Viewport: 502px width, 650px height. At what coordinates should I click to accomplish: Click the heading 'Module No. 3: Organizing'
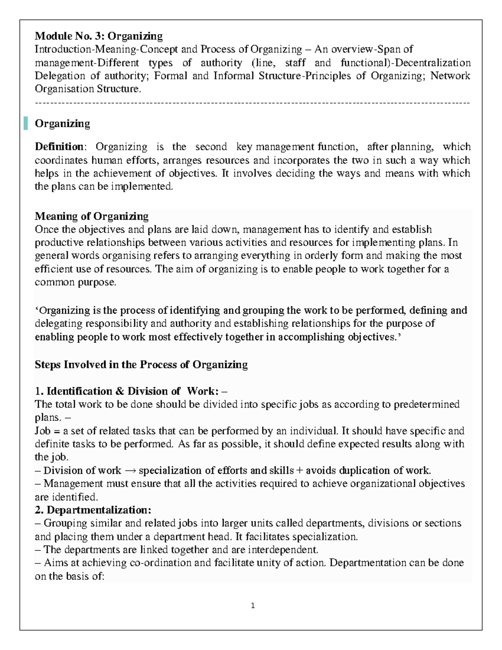[98, 36]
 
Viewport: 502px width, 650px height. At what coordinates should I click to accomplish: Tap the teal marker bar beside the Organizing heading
[26, 123]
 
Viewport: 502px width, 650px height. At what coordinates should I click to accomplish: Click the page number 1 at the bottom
[253, 606]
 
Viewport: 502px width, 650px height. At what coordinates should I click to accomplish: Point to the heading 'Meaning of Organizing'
[92, 216]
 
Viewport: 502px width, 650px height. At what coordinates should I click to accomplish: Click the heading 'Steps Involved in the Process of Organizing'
[141, 365]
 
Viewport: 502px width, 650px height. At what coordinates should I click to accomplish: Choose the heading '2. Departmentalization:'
[93, 510]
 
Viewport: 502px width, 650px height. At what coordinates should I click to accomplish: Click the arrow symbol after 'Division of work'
[130, 470]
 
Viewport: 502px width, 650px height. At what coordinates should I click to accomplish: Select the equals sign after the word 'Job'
[56, 431]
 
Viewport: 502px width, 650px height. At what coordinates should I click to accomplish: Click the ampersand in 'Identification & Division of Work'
[120, 391]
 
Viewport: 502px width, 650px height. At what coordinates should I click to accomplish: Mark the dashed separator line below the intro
[253, 102]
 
